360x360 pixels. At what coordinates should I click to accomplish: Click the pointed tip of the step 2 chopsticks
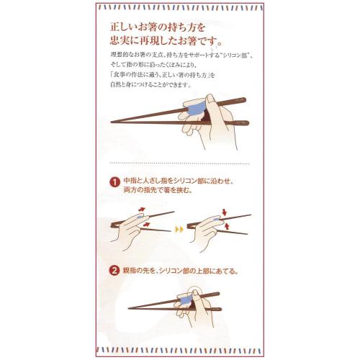(x=130, y=309)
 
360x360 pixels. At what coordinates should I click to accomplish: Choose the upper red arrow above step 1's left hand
(x=141, y=210)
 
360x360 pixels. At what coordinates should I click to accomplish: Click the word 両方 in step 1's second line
(x=130, y=192)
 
